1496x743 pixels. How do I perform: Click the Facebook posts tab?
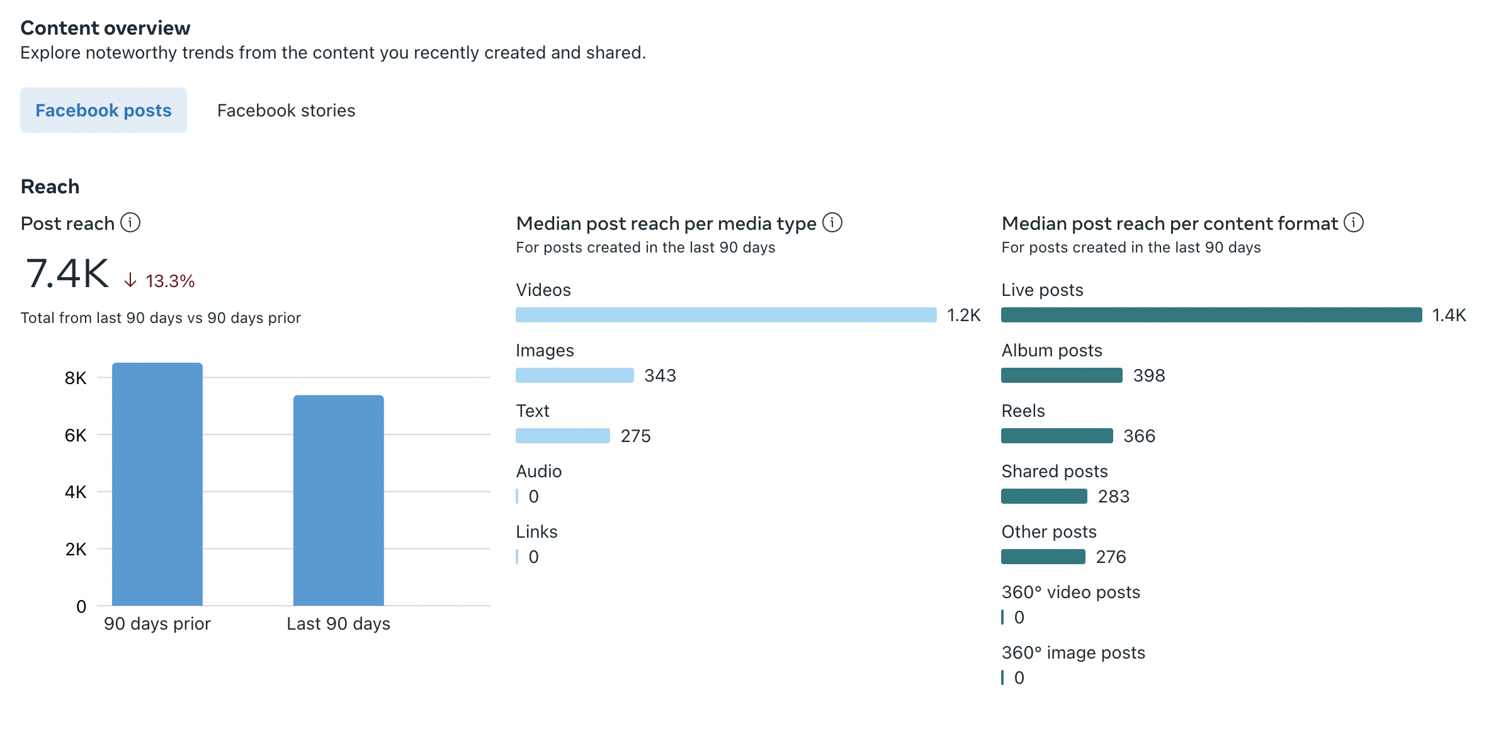(x=103, y=110)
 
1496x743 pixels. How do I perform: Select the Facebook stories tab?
(x=286, y=110)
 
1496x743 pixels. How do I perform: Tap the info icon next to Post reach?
(x=130, y=223)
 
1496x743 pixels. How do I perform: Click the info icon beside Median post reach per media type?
(x=832, y=223)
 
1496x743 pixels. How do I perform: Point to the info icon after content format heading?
(x=1354, y=223)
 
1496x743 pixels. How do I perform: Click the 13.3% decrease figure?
(x=169, y=281)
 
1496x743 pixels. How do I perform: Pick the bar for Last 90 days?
(x=339, y=500)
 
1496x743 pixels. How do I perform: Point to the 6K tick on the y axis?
(x=76, y=435)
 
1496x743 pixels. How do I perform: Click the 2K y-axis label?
(x=76, y=549)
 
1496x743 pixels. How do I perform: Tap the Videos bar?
(x=726, y=315)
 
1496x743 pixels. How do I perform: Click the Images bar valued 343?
(x=574, y=375)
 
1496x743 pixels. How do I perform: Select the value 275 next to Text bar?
(x=635, y=436)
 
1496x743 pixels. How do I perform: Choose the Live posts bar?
(x=1211, y=315)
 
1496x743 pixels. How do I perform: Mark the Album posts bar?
(x=1062, y=375)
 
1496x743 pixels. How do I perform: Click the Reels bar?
(x=1057, y=436)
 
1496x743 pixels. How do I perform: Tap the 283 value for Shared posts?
(x=1113, y=496)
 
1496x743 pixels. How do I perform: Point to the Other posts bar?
(x=1043, y=557)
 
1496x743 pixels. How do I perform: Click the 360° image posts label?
(x=1073, y=652)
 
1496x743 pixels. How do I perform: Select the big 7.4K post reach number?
(x=67, y=274)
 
